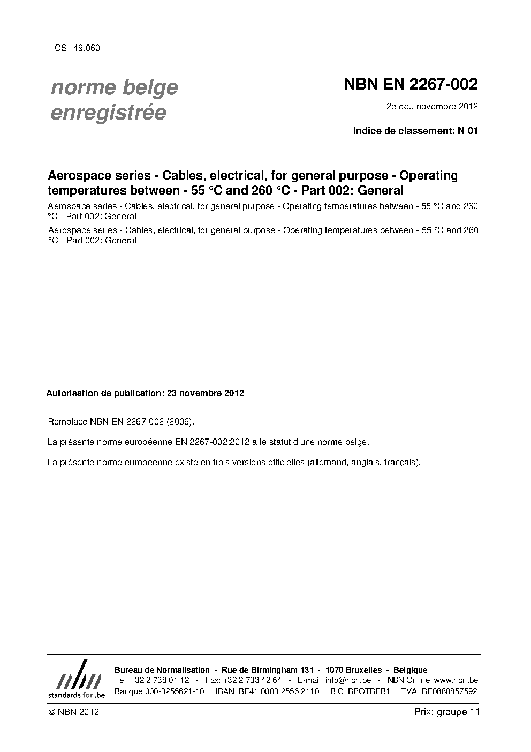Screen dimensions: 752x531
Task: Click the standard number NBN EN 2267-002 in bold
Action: pos(410,85)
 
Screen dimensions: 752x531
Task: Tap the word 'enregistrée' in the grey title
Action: pos(108,113)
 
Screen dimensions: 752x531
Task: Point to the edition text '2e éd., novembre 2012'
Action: pos(431,106)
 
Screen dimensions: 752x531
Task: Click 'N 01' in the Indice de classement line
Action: pos(467,131)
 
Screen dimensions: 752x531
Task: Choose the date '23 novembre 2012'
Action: pos(206,393)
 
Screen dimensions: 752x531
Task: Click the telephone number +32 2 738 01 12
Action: pos(160,680)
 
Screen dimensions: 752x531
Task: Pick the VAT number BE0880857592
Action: pos(449,691)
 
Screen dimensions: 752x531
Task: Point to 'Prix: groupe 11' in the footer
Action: pos(447,712)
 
